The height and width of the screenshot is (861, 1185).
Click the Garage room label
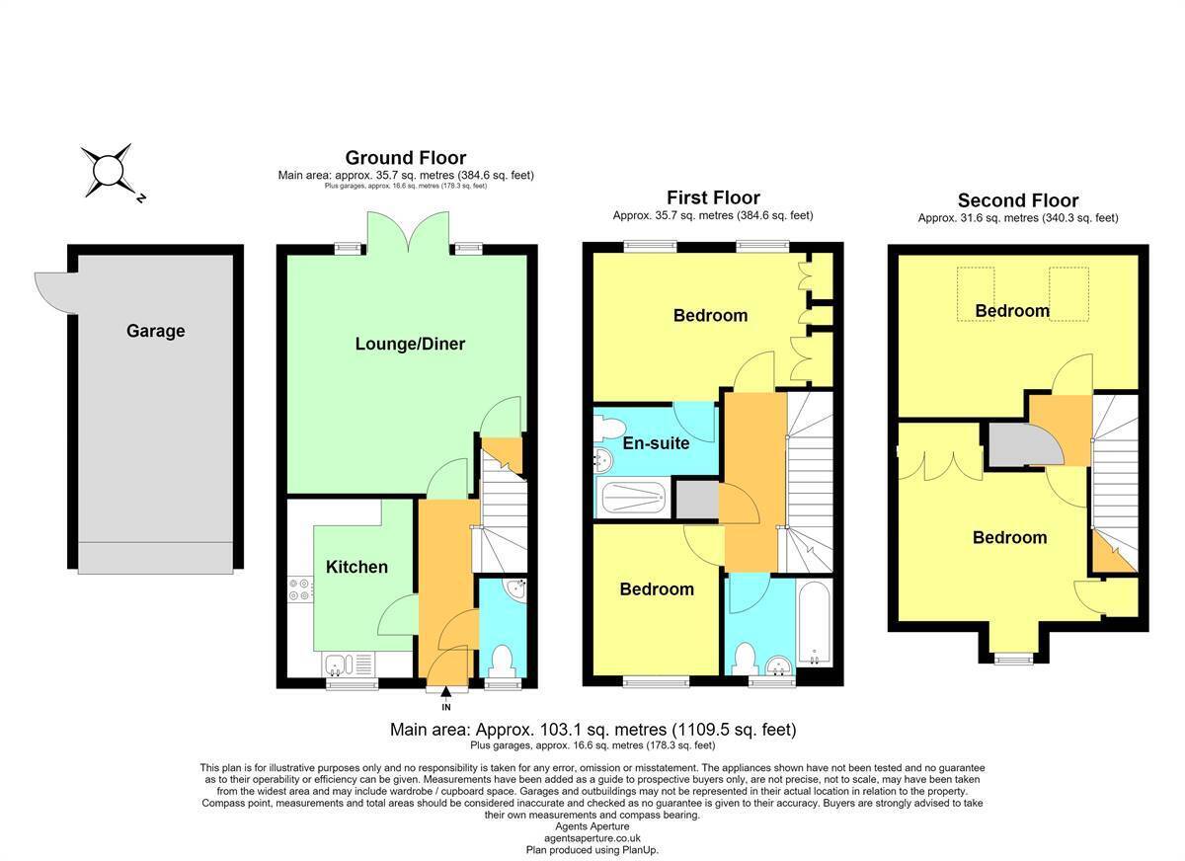156,331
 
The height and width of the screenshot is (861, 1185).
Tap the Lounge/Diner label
410,344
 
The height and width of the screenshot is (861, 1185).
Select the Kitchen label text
356,567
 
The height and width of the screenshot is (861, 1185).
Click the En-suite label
656,443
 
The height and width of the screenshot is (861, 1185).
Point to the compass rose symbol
109,171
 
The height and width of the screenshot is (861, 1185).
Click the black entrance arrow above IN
446,692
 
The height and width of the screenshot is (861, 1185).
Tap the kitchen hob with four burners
300,589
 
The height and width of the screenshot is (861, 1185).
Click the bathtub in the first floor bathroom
815,624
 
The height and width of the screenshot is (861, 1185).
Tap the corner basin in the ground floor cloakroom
515,590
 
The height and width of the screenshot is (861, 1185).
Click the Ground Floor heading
406,158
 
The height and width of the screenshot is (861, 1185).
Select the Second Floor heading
1018,200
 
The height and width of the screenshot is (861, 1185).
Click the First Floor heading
713,197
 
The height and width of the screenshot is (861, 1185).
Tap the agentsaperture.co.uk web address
592,838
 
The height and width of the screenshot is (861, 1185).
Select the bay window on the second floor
1013,659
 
